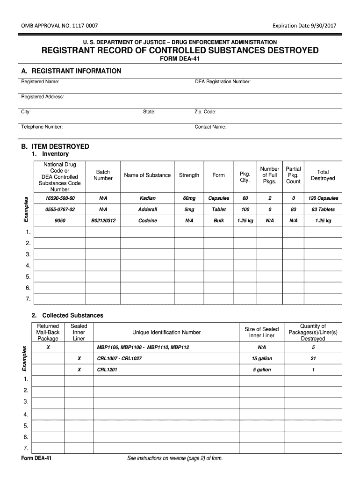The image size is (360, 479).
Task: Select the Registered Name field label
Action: [x=40, y=82]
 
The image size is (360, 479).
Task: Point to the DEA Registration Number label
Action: [x=223, y=82]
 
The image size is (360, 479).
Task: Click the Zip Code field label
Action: [x=205, y=112]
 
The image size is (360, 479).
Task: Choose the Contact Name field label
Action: [x=210, y=127]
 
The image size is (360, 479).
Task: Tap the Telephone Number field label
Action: [x=42, y=127]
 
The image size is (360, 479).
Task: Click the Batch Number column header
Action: [x=103, y=175]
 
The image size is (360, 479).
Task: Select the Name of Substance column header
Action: [x=147, y=175]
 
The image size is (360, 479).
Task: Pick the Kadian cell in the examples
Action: [x=147, y=198]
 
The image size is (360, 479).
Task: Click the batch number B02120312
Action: [x=103, y=221]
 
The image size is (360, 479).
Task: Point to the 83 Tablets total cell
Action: [x=323, y=210]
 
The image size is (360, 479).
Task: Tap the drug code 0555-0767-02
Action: [x=59, y=210]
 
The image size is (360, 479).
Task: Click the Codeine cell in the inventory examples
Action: [x=147, y=221]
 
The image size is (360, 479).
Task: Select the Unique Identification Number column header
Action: [x=166, y=333]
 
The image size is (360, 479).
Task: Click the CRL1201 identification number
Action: [x=107, y=370]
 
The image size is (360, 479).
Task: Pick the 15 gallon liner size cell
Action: [x=261, y=359]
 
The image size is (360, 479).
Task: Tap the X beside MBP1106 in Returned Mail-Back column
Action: [x=48, y=348]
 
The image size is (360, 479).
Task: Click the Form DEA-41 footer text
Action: [x=36, y=458]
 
